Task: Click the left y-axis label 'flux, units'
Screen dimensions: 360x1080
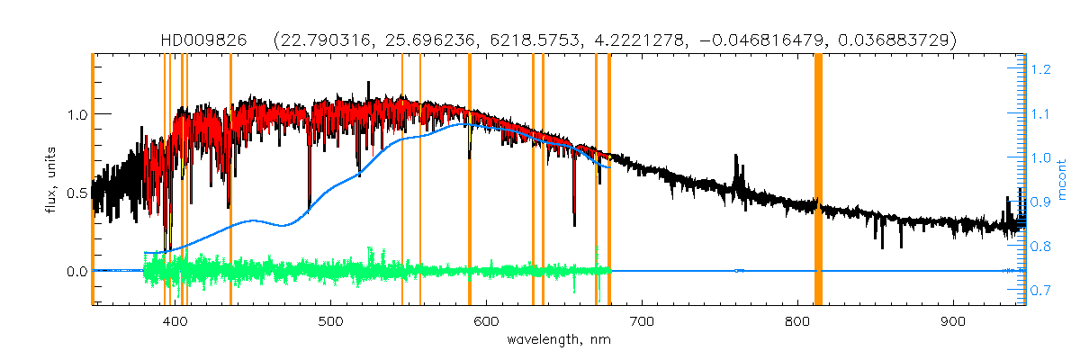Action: tap(50, 180)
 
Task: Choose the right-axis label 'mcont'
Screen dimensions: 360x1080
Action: tap(1063, 180)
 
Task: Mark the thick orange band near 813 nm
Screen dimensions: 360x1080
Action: tap(818, 180)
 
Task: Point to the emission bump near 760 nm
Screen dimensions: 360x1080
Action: tap(738, 175)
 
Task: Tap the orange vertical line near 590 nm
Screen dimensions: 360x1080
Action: tap(470, 180)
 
